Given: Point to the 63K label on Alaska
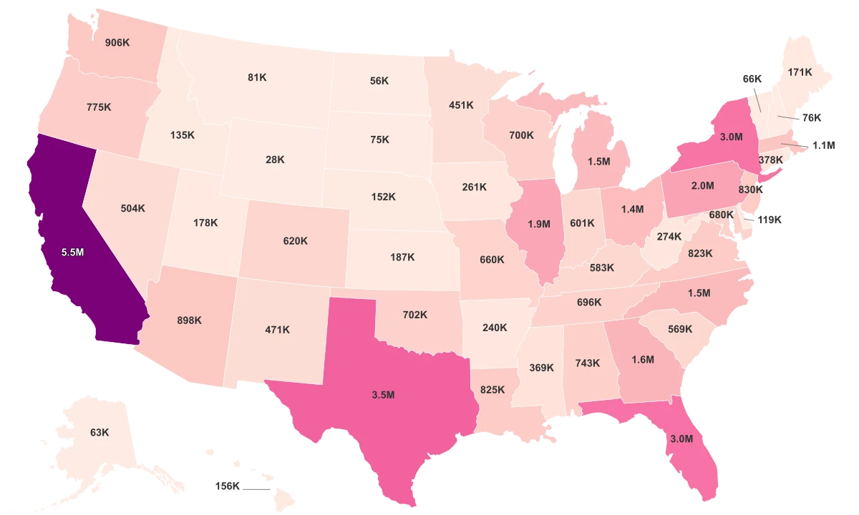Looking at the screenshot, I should tap(100, 432).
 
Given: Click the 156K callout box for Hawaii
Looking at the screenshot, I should tap(228, 486).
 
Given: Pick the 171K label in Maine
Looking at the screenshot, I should tap(800, 72).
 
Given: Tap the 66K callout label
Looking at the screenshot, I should tap(752, 79).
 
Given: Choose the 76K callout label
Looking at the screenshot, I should tap(812, 117).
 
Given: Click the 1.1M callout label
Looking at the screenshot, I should tap(823, 144).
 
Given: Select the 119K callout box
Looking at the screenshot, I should tap(770, 220).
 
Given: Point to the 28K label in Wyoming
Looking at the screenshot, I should tap(275, 160).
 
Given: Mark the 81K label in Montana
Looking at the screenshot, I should tap(258, 77).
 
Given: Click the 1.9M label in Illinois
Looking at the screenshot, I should tap(538, 224).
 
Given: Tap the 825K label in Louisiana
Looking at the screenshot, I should tap(492, 390).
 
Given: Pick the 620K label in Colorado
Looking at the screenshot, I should tap(295, 241).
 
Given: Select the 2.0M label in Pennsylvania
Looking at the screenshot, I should tap(702, 186).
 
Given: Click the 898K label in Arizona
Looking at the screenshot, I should tap(190, 320).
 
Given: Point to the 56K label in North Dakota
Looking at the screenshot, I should tap(379, 81).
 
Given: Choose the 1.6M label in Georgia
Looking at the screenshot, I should tap(643, 360).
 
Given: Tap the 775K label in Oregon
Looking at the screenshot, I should tap(99, 107).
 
